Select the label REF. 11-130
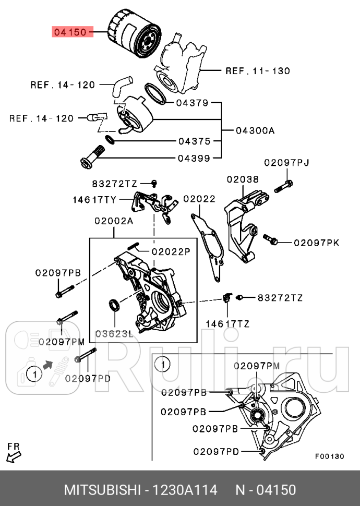coord(257,70)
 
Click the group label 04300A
coord(255,130)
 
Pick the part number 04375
coord(194,141)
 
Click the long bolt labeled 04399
coord(92,157)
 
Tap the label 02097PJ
coord(286,163)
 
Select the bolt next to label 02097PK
coord(271,240)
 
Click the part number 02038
coord(242,179)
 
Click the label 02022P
coord(171,251)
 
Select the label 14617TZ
coord(227,324)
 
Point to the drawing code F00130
coord(329,456)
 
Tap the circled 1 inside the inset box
coord(163,364)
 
